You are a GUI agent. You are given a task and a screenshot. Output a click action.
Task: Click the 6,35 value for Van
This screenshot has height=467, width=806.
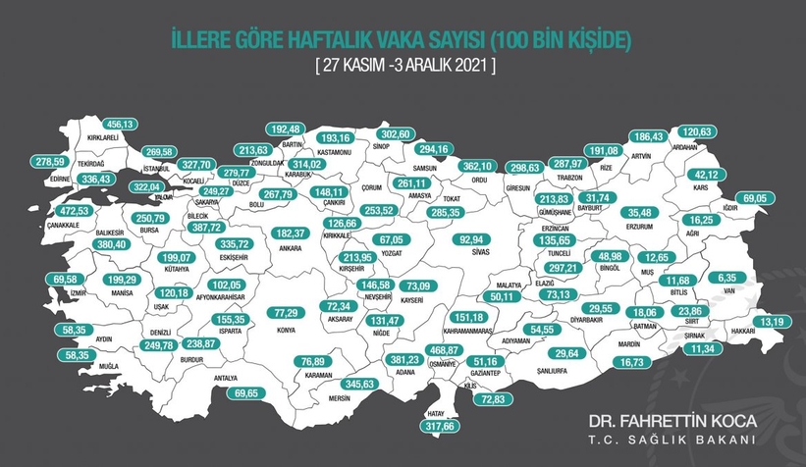click(726, 278)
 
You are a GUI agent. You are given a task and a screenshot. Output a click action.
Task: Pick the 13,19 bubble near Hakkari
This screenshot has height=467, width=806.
click(768, 321)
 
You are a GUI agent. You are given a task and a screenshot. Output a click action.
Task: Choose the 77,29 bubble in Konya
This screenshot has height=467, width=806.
click(285, 313)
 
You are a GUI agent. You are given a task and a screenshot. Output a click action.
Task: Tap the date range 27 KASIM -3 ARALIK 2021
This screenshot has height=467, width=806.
click(403, 67)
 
